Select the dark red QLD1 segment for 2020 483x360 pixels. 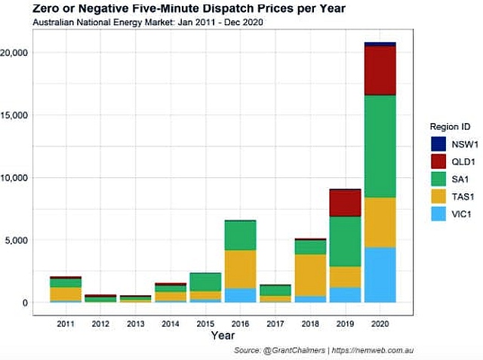[380, 70]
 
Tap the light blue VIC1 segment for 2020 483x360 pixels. [380, 275]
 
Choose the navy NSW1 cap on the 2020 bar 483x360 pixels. [380, 45]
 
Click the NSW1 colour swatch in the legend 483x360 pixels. [438, 144]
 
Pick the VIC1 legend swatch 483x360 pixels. [438, 214]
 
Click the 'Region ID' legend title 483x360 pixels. [451, 126]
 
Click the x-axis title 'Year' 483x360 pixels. [223, 334]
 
